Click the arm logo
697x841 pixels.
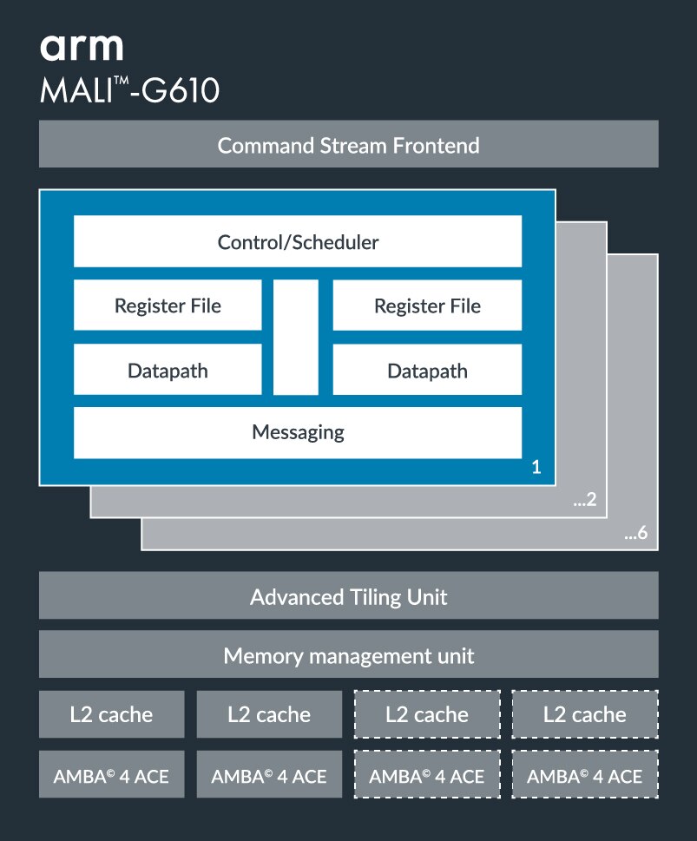pos(82,48)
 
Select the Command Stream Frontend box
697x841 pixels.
pos(348,144)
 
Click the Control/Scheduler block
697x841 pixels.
pos(298,241)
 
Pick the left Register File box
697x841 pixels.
pos(168,306)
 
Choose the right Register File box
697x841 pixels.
pos(427,306)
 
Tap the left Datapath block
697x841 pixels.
pos(168,371)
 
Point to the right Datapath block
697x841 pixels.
pos(427,371)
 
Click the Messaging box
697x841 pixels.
pos(298,431)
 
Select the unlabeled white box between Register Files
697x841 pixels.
pos(296,338)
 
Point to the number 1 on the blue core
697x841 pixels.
pos(536,468)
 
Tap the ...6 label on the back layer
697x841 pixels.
pos(636,534)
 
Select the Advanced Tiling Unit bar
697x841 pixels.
pos(348,596)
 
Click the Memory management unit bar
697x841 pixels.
pos(348,654)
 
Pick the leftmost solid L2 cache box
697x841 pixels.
pos(111,714)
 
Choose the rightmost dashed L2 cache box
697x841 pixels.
pos(585,714)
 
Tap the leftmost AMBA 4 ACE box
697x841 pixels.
pos(111,775)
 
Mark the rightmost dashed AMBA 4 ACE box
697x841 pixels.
pos(585,775)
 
